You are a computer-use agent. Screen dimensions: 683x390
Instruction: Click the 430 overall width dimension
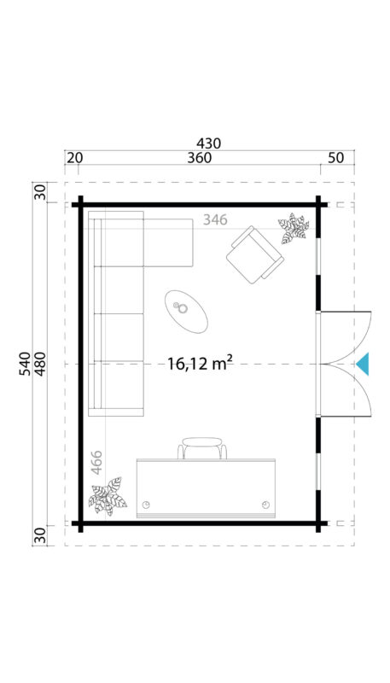209,143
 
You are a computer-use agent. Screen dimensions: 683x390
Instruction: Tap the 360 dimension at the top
198,159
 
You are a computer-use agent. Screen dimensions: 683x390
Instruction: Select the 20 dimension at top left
74,159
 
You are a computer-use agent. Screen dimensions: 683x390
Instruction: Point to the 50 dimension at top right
336,159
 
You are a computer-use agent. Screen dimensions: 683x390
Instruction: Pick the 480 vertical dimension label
39,364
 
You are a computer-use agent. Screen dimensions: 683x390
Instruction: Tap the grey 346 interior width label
215,220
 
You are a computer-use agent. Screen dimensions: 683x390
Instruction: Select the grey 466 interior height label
96,464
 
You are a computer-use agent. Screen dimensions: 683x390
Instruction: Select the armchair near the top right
253,254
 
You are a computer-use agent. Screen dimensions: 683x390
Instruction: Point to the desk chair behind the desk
204,448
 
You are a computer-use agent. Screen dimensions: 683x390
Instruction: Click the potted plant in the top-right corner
293,230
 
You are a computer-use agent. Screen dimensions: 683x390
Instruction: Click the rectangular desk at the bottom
208,488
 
